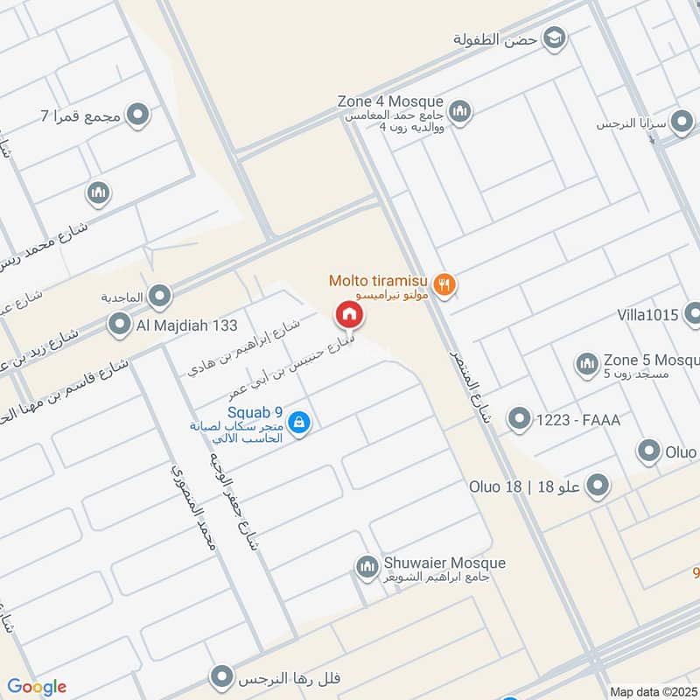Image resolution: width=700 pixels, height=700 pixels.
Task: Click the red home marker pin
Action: click(x=348, y=313)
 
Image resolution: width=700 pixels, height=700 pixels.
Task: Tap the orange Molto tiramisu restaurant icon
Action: click(x=445, y=284)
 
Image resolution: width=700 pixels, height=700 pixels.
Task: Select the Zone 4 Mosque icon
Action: click(x=460, y=112)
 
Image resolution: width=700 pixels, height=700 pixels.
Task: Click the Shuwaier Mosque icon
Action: click(x=367, y=568)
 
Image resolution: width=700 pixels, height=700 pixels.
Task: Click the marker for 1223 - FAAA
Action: click(x=520, y=419)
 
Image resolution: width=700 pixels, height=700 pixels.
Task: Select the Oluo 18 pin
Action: click(x=598, y=486)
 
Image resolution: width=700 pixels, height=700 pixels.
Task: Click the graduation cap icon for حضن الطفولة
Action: click(x=553, y=38)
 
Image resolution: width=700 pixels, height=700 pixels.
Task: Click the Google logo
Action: click(x=37, y=687)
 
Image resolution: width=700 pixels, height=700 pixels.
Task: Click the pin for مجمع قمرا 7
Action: click(x=136, y=115)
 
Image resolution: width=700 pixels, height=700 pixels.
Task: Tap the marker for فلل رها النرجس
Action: click(x=223, y=677)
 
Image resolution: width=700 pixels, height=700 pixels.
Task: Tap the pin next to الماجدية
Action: click(x=159, y=297)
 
